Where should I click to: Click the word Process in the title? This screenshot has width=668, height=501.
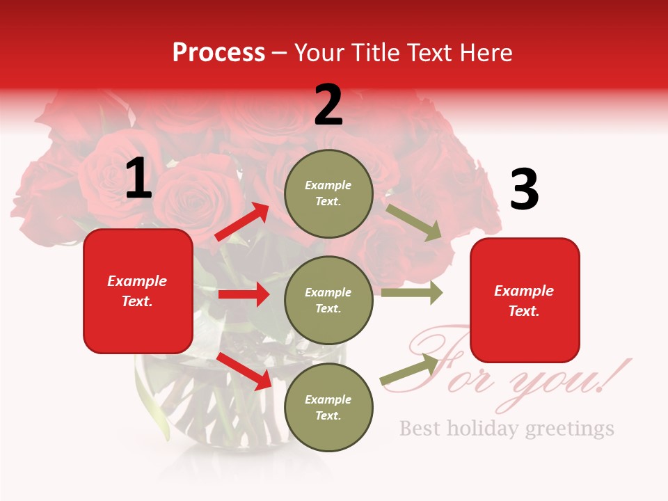coord(218,53)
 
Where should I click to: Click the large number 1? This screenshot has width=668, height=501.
coord(138,179)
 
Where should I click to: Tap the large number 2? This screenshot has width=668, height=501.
coord(328,105)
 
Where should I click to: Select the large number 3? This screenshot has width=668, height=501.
coord(524,190)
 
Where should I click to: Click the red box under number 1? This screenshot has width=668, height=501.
coord(138,291)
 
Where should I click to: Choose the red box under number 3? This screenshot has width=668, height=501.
coord(525,300)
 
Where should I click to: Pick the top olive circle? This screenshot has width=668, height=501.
coord(328,193)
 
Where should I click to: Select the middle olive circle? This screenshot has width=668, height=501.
coord(328,300)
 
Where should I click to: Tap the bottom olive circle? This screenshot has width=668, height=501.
coord(328,407)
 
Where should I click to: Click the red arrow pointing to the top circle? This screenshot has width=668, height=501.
coord(242,222)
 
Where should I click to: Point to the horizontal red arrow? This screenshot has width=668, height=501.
coord(244,294)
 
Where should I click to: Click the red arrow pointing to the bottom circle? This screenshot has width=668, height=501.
coord(244,371)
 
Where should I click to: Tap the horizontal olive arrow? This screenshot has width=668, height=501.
coord(411,293)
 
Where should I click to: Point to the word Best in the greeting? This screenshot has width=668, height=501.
coord(420,428)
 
